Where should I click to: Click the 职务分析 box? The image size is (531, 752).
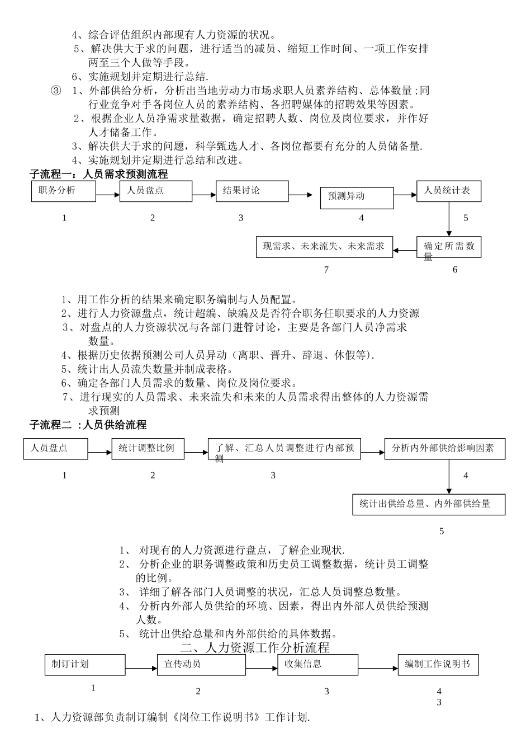pos(63,191)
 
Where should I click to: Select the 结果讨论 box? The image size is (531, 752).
pos(252,191)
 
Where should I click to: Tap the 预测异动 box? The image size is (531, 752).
pos(357,196)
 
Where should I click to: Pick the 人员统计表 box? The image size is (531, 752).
pos(449,191)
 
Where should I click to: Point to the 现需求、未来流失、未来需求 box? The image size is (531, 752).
pos(325,247)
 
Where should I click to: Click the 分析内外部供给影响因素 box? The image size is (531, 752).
pos(444,449)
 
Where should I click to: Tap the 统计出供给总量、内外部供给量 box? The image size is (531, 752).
pos(429,504)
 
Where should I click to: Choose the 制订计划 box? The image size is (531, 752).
pos(85,665)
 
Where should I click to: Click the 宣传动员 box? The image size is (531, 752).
pos(205,665)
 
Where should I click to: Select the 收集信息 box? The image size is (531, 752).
pos(317,665)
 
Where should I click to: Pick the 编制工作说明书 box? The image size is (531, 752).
pos(438,665)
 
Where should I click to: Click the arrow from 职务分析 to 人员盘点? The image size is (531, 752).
pos(108,195)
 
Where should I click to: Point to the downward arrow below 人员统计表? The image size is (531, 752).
pos(449,219)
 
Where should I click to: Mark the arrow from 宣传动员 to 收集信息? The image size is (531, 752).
pos(262,668)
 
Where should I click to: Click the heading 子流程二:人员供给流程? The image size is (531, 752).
pos(88,425)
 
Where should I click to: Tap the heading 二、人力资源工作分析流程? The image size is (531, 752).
pos(255,648)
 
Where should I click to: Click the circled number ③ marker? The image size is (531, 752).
pos(56,91)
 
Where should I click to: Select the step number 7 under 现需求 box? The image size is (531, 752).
pos(326,270)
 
